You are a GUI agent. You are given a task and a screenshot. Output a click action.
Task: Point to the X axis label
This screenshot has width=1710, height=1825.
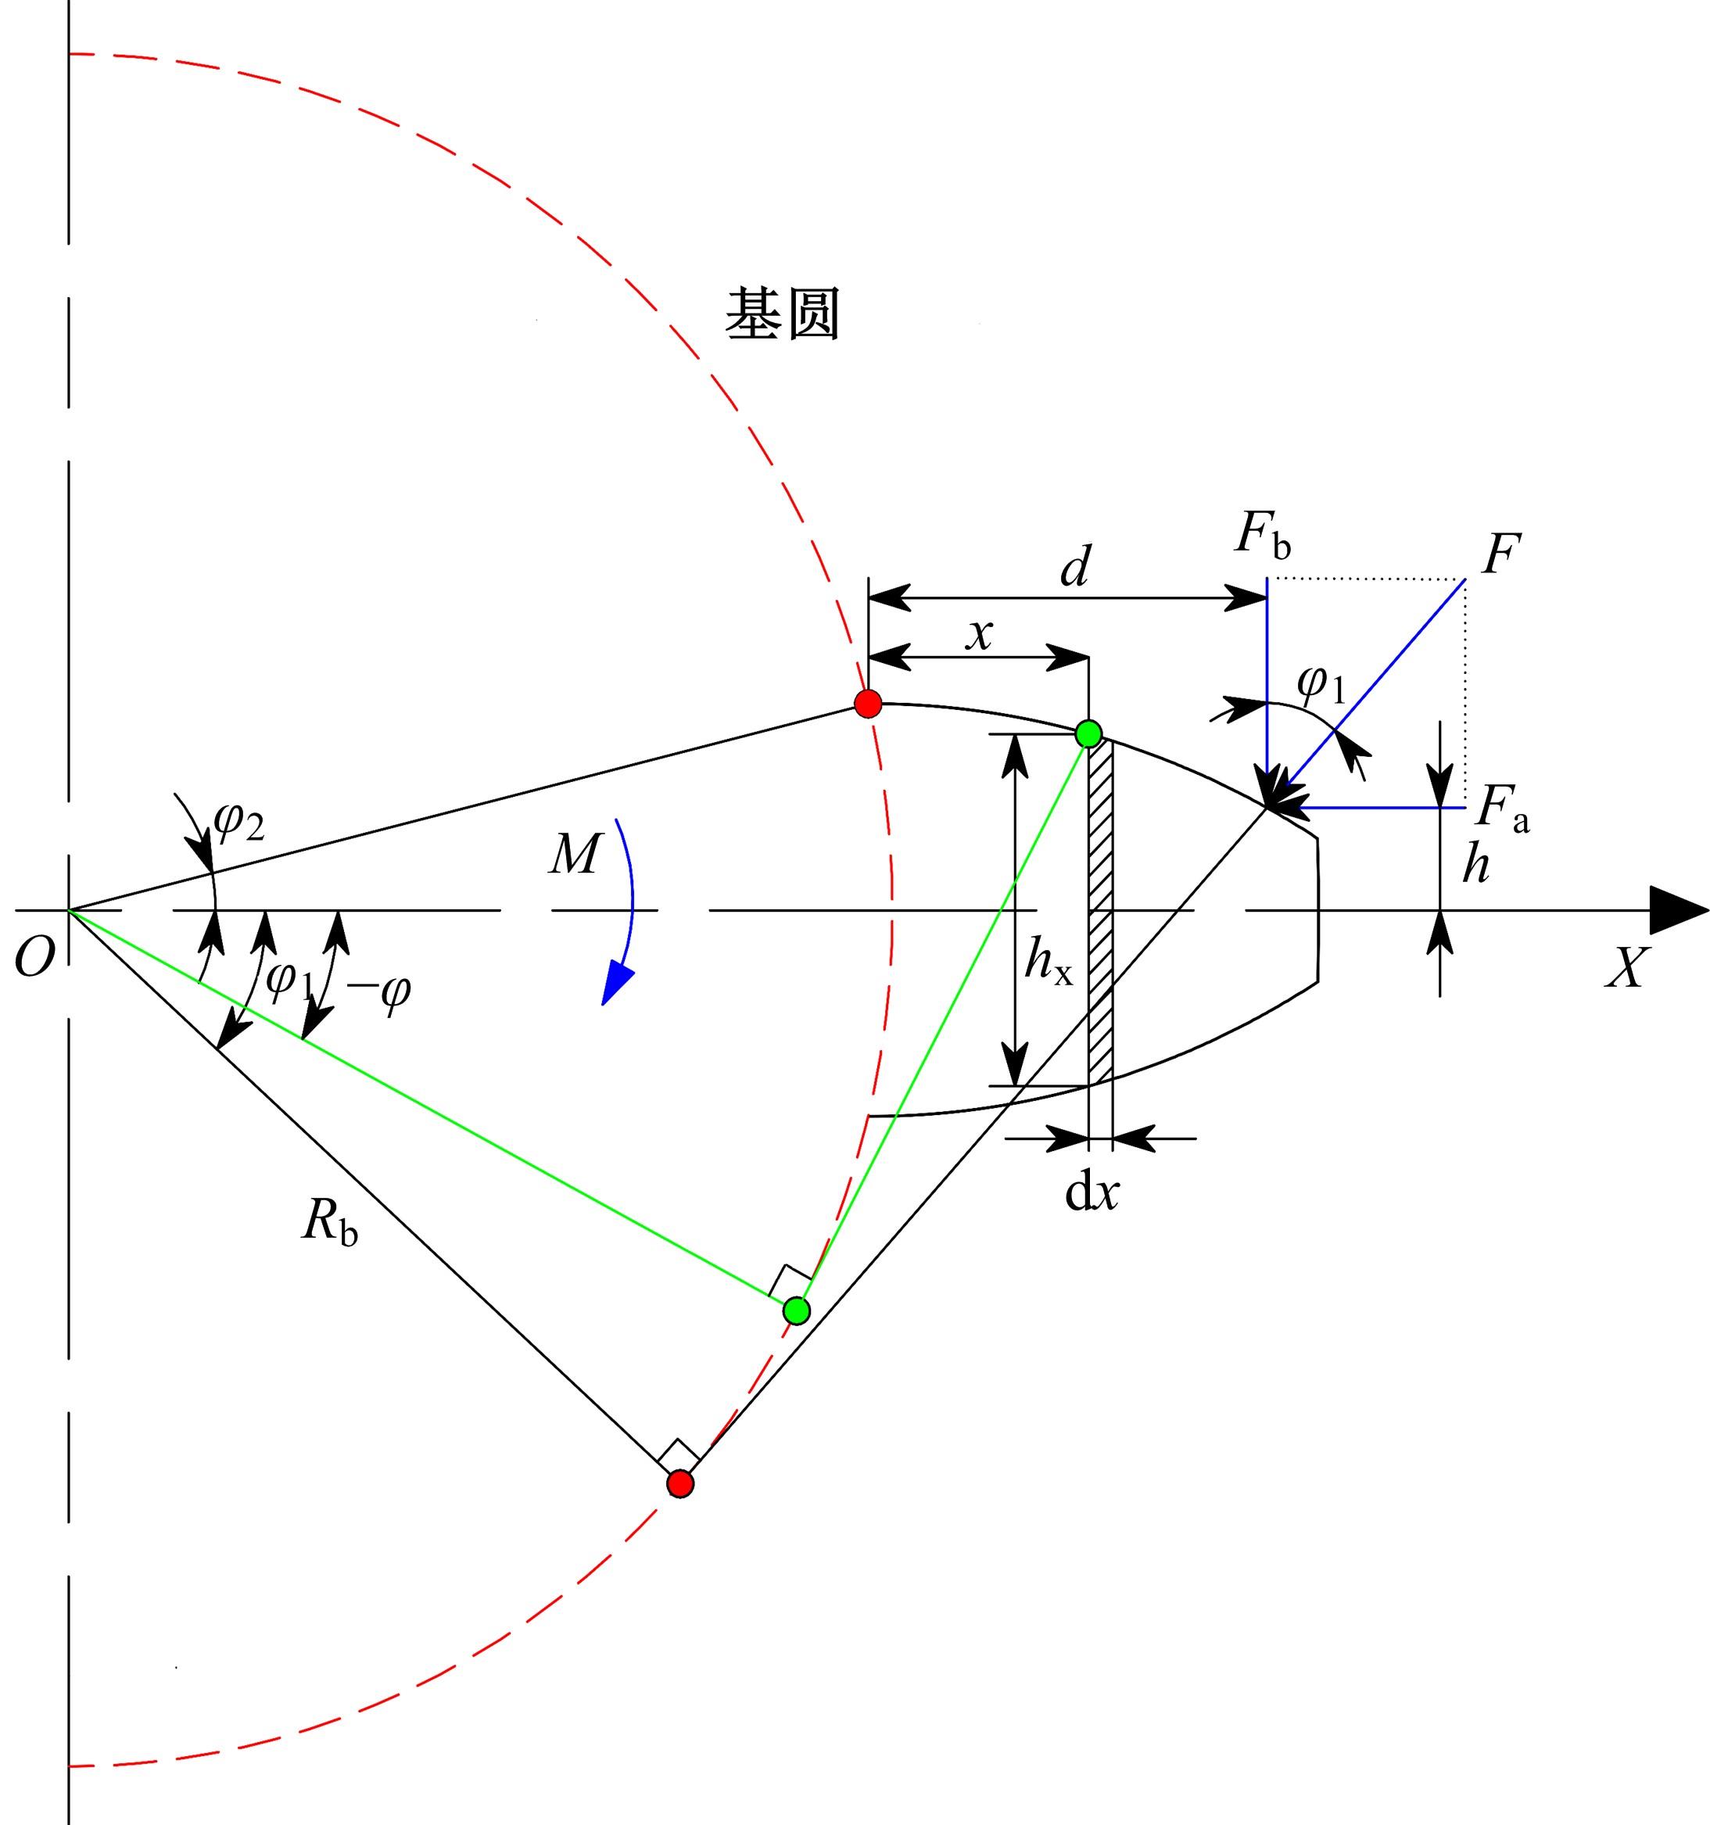[1627, 966]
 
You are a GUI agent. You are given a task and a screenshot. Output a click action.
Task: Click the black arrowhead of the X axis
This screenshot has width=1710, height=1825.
[1679, 911]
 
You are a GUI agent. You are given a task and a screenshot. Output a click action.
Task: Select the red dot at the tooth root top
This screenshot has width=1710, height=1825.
[867, 703]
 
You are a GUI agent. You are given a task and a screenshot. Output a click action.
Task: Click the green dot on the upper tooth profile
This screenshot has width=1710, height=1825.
[1088, 733]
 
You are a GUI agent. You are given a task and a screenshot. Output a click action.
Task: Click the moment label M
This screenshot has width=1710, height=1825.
[575, 854]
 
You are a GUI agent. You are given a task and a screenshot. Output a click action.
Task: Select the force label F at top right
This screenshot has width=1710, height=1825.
[1500, 554]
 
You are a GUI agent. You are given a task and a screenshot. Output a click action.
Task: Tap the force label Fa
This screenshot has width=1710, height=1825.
[1504, 808]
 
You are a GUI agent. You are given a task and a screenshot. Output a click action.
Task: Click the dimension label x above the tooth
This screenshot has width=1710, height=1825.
[980, 634]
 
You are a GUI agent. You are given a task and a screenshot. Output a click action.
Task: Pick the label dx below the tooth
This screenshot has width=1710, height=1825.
[1092, 1192]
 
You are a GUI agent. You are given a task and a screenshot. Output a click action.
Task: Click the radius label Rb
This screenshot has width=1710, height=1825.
[329, 1222]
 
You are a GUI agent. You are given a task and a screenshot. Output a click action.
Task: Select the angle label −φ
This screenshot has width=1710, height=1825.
[378, 992]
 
